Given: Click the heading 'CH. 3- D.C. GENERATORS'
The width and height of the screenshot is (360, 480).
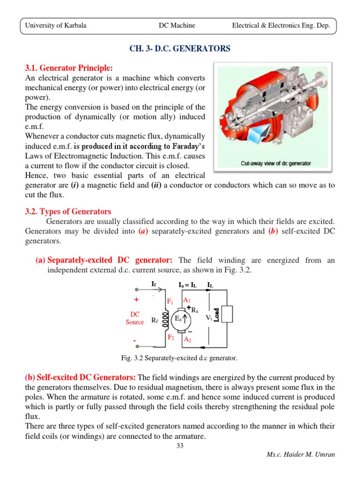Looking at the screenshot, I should point(180,49).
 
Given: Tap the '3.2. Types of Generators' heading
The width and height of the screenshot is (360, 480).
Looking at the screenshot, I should point(68,211).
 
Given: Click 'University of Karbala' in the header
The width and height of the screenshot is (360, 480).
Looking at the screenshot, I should point(55,26).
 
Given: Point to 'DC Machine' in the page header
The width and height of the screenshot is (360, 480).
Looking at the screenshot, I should point(177,26).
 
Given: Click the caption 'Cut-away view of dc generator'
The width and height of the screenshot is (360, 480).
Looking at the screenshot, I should point(276,164).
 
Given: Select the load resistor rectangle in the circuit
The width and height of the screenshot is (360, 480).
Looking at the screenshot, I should point(227,314).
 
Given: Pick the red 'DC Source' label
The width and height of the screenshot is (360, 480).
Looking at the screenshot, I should point(135,318).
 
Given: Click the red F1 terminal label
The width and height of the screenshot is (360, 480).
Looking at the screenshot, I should point(170,301).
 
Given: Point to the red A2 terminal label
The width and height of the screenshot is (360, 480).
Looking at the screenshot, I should point(187,339).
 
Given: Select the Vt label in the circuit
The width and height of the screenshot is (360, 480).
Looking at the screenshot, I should point(209,318).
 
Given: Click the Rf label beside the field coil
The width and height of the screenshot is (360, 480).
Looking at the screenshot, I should point(154,321).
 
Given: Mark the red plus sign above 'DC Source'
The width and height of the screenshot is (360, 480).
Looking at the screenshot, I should point(136,300).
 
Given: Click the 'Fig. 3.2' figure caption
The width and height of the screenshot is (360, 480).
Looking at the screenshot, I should point(180,358).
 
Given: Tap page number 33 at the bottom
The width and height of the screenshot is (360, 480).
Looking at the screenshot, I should point(180,446).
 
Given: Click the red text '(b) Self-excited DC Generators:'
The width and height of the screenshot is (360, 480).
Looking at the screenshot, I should point(81,378).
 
